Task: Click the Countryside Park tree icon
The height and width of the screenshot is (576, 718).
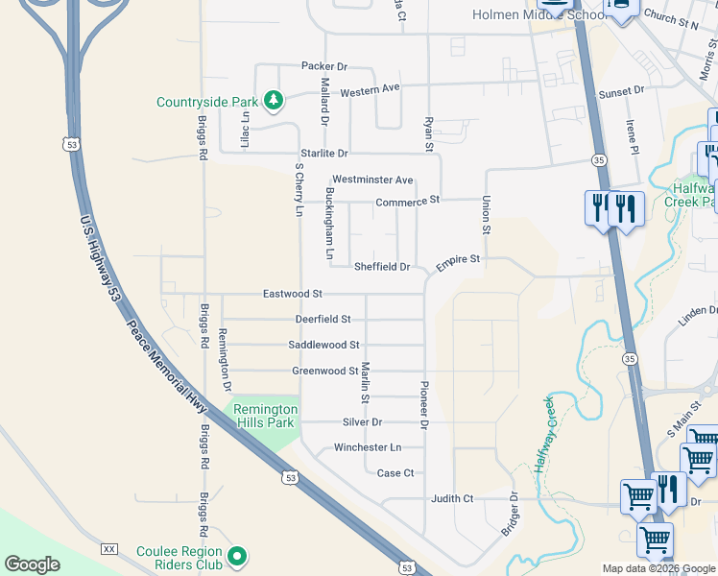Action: click(x=274, y=99)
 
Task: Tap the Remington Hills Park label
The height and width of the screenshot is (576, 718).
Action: click(x=265, y=416)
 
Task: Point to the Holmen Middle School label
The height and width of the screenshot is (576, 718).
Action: click(x=523, y=14)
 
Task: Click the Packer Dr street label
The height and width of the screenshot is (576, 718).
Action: click(x=323, y=66)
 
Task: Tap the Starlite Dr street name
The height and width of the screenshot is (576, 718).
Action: click(x=323, y=154)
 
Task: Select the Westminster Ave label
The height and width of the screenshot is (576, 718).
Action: click(x=372, y=180)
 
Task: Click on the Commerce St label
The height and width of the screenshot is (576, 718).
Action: click(x=407, y=201)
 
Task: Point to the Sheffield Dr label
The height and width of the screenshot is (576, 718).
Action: click(x=382, y=267)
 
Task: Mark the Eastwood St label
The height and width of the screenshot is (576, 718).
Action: click(x=293, y=294)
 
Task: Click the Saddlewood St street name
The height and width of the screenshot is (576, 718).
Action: click(x=323, y=345)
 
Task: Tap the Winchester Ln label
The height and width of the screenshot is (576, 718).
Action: click(x=367, y=447)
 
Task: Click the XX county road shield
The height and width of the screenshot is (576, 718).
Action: click(x=109, y=549)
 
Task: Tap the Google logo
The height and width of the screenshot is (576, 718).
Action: click(x=32, y=564)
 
